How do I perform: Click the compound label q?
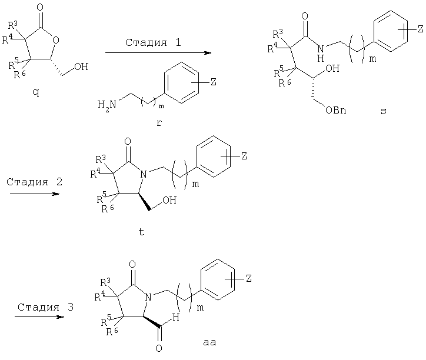pyautogui.click(x=36, y=93)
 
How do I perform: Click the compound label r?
pyautogui.click(x=159, y=123)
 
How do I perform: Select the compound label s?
pyautogui.click(x=384, y=111)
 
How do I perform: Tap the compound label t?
pyautogui.click(x=141, y=232)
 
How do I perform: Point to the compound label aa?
pyautogui.click(x=209, y=342)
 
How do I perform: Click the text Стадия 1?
pyautogui.click(x=153, y=42)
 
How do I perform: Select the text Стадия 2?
pyautogui.click(x=35, y=182)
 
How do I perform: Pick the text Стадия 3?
pyautogui.click(x=46, y=307)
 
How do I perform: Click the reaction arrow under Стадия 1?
pyautogui.click(x=158, y=53)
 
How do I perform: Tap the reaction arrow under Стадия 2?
pyautogui.click(x=35, y=194)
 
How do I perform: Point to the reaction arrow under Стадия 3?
pyautogui.click(x=39, y=317)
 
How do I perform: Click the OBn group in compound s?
pyautogui.click(x=336, y=110)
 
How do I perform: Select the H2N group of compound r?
pyautogui.click(x=106, y=105)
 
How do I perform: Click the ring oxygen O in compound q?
pyautogui.click(x=56, y=41)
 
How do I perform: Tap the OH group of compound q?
pyautogui.click(x=81, y=66)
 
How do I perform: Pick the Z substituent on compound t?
pyautogui.click(x=244, y=156)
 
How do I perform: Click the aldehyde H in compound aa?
pyautogui.click(x=176, y=317)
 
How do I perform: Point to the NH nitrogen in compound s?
pyautogui.click(x=321, y=49)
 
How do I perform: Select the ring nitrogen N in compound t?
pyautogui.click(x=144, y=174)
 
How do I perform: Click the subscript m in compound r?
pyautogui.click(x=161, y=106)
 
